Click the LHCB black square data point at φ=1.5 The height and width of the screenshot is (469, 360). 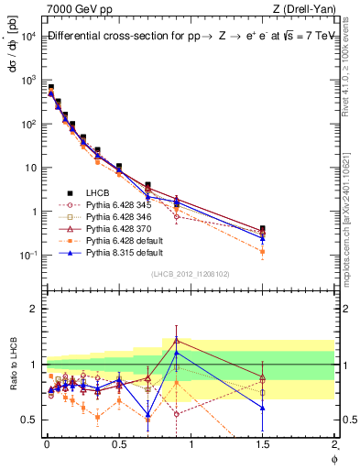point(263,229)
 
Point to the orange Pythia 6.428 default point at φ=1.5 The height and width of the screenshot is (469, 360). point(263,251)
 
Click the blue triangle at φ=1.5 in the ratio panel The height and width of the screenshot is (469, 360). point(263,408)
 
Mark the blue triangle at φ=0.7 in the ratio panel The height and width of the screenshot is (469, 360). point(147,415)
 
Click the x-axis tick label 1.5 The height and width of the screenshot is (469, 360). point(263,446)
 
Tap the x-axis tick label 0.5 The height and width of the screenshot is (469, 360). point(119,446)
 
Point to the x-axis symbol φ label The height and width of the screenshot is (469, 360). point(333,458)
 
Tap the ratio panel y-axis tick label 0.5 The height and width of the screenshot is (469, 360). point(30,420)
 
